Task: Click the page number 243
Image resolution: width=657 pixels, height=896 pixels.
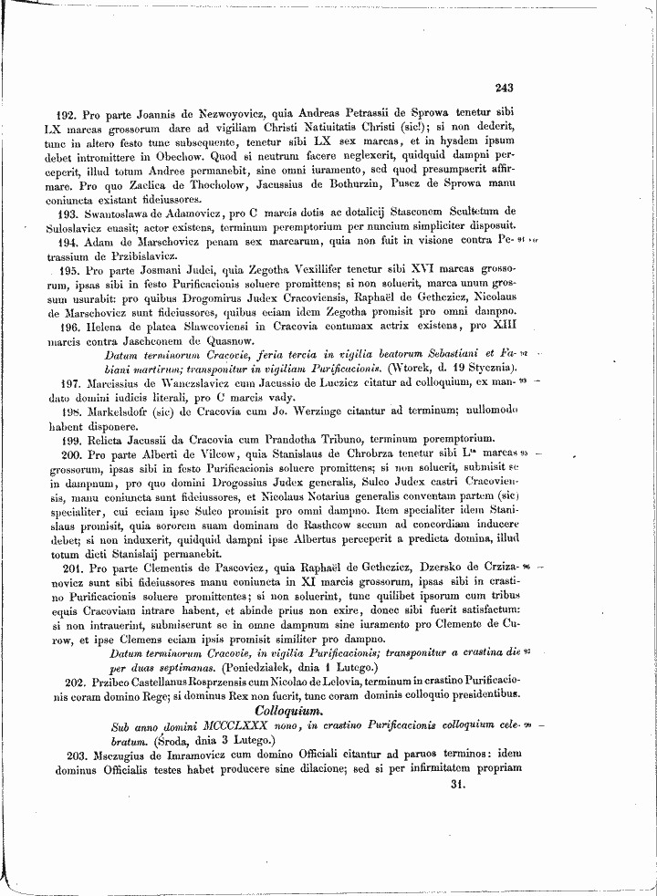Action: [505, 89]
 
